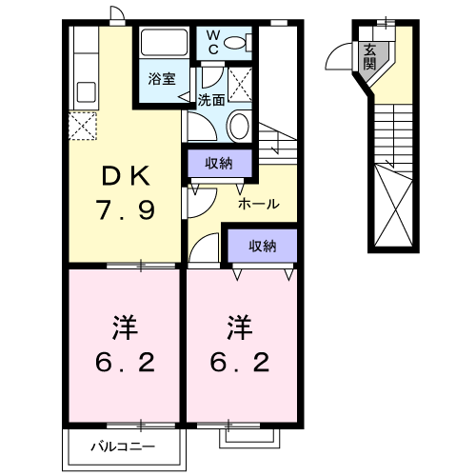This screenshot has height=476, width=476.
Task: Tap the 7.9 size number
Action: click(x=124, y=208)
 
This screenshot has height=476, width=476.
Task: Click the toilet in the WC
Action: click(x=243, y=42)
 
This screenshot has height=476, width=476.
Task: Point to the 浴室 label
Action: click(x=161, y=80)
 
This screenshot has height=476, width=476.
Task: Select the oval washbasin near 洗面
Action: click(x=240, y=126)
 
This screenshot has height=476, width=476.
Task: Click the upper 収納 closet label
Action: click(x=219, y=163)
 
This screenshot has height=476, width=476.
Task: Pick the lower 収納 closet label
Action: click(x=262, y=246)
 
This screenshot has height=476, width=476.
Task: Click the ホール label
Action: click(x=258, y=204)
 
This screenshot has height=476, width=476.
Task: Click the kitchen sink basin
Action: click(x=83, y=93)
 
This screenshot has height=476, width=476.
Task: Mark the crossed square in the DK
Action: click(x=82, y=126)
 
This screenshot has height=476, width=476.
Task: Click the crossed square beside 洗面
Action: click(x=240, y=82)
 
